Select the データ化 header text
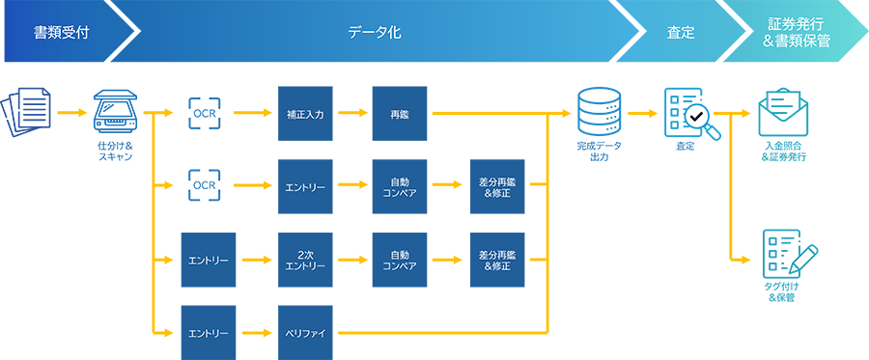click(375, 33)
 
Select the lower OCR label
click(204, 184)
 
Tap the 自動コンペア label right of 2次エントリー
click(400, 260)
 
